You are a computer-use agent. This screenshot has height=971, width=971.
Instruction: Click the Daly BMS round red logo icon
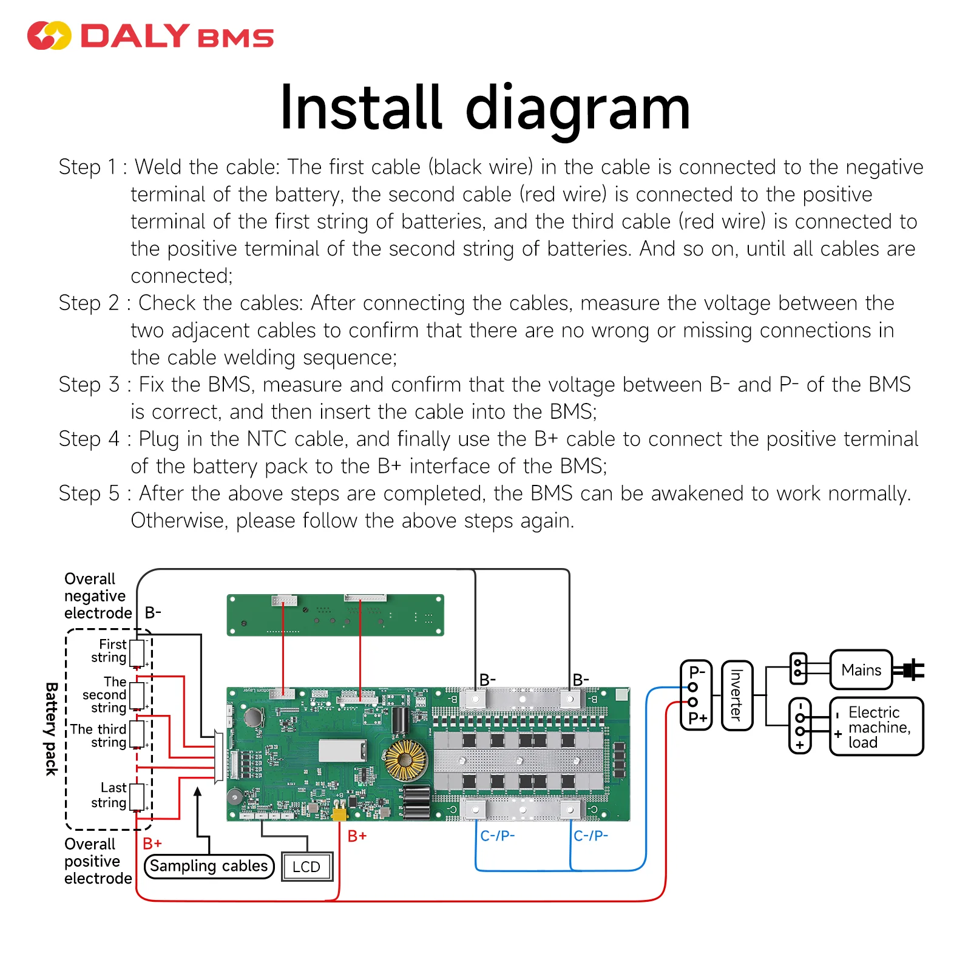pyautogui.click(x=49, y=36)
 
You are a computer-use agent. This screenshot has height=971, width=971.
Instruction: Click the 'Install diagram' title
pyautogui.click(x=485, y=108)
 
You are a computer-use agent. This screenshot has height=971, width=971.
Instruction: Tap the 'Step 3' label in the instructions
pyautogui.click(x=89, y=385)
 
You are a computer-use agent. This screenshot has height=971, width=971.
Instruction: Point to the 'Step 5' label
pyautogui.click(x=89, y=493)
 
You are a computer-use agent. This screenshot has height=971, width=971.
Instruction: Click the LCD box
pyautogui.click(x=307, y=867)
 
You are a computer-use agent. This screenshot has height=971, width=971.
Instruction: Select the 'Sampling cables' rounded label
pyautogui.click(x=209, y=866)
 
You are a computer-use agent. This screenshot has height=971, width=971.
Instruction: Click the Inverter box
pyautogui.click(x=737, y=695)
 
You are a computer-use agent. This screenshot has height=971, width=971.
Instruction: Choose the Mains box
pyautogui.click(x=861, y=670)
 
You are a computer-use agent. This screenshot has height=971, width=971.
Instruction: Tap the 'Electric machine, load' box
pyautogui.click(x=876, y=726)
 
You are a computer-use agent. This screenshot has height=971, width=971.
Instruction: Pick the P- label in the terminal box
pyautogui.click(x=697, y=672)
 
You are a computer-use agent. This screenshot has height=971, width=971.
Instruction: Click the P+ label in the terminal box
pyautogui.click(x=697, y=719)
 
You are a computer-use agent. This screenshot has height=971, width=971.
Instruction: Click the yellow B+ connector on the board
pyautogui.click(x=339, y=813)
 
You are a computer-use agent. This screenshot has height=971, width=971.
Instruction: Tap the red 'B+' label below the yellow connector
pyautogui.click(x=357, y=836)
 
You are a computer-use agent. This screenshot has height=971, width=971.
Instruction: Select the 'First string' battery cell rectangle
pyautogui.click(x=137, y=653)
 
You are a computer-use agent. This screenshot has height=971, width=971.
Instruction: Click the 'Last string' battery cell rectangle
pyautogui.click(x=137, y=797)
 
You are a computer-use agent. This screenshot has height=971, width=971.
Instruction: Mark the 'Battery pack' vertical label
pyautogui.click(x=52, y=729)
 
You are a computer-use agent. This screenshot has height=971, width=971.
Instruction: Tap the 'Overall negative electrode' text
pyautogui.click(x=97, y=596)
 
